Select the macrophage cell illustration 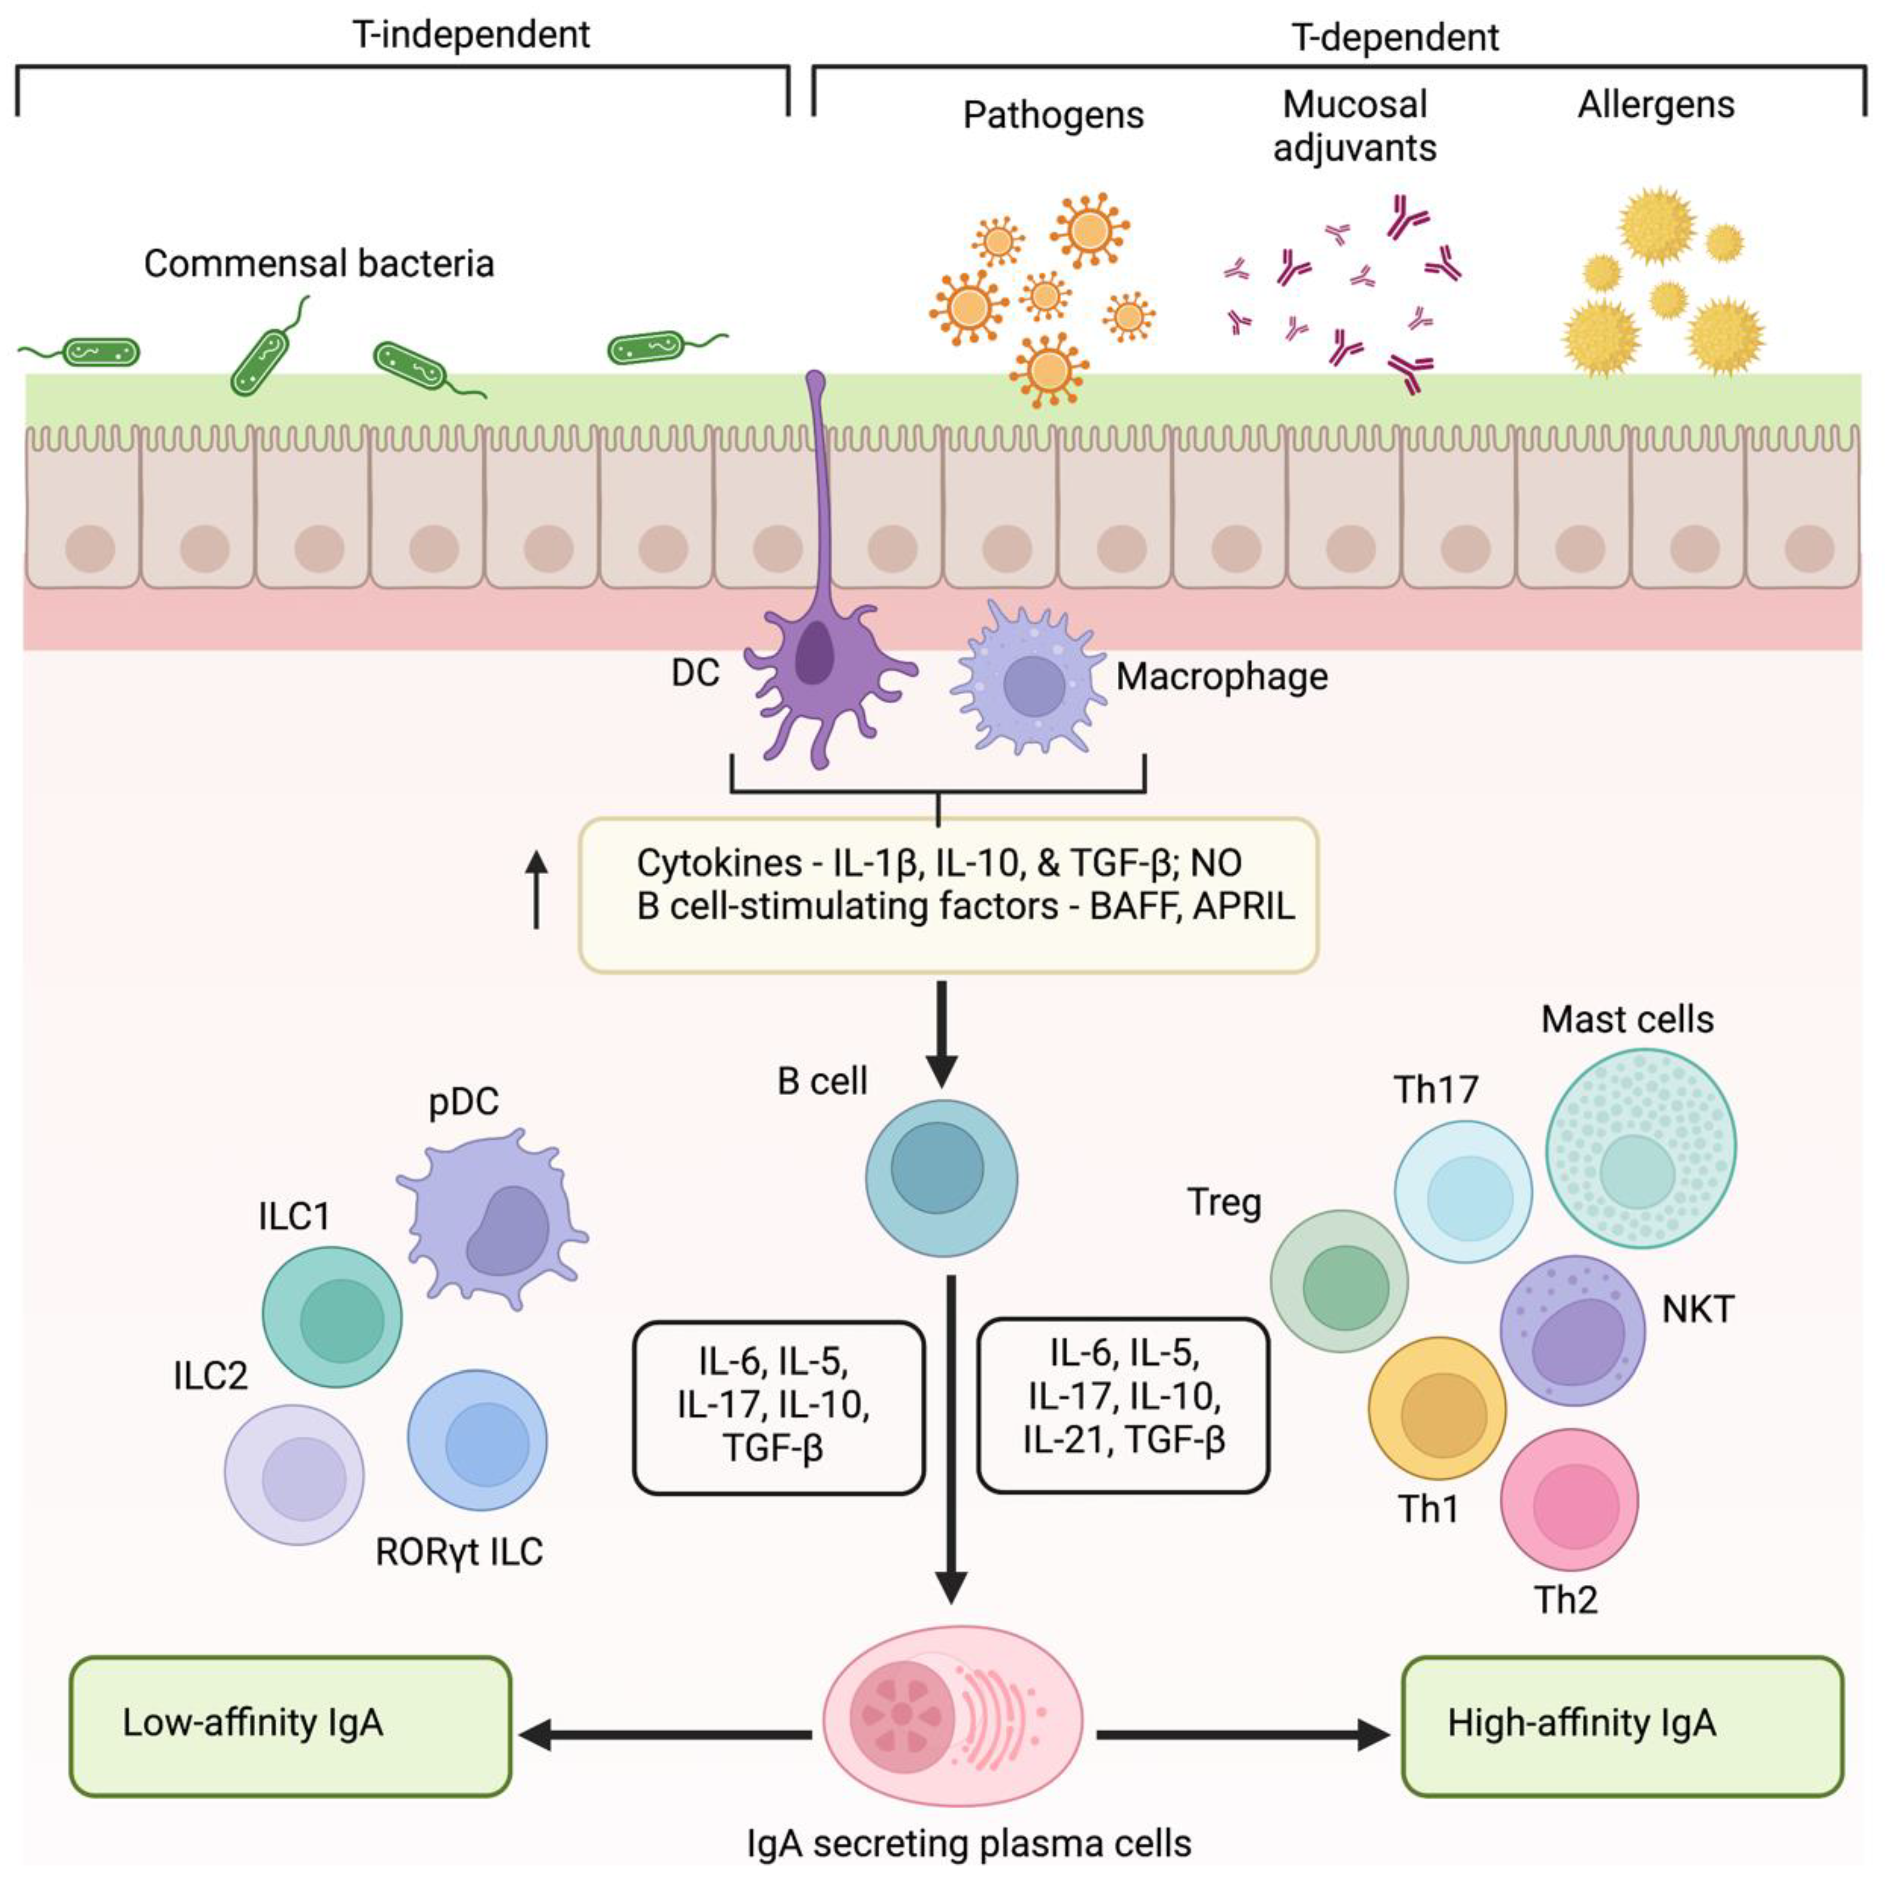click(1031, 684)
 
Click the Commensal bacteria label click(319, 264)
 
